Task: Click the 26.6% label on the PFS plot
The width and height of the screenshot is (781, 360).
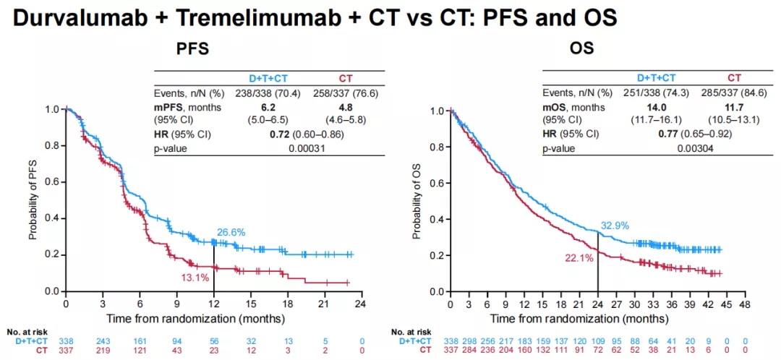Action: pos(231,232)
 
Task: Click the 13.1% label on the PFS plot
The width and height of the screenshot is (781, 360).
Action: pos(195,277)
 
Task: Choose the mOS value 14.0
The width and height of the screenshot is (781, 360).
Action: pos(655,107)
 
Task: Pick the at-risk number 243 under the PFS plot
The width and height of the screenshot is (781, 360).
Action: pos(103,341)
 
